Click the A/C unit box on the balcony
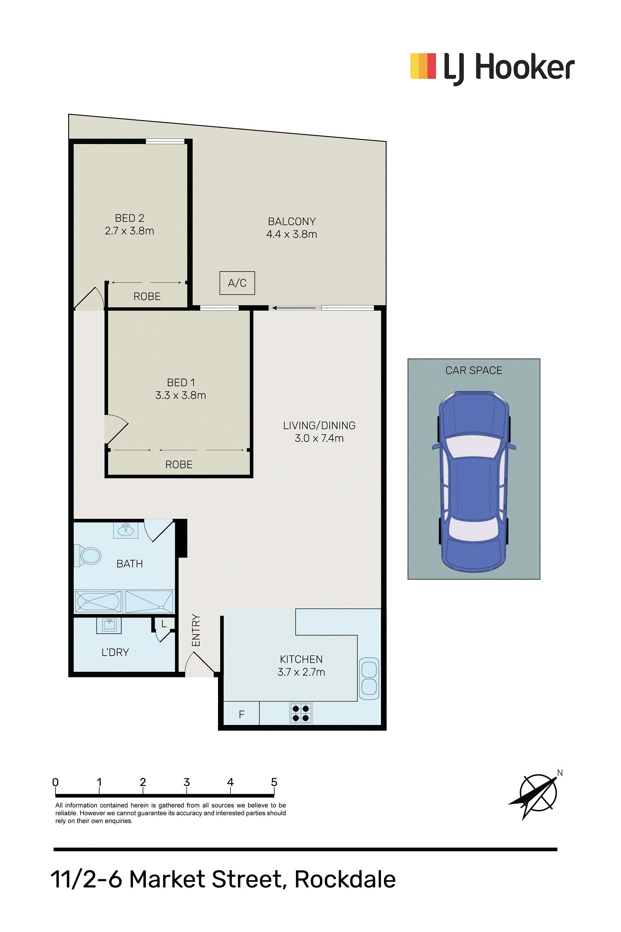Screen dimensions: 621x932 click(x=237, y=283)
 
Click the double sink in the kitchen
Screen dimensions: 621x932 click(x=369, y=678)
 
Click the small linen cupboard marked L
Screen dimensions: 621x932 click(x=164, y=625)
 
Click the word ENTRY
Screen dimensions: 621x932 click(x=196, y=630)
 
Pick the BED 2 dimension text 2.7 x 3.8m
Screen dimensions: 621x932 click(x=129, y=231)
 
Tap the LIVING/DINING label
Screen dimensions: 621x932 click(x=319, y=426)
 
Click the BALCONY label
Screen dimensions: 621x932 click(x=292, y=221)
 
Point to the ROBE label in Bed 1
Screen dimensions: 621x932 click(x=179, y=464)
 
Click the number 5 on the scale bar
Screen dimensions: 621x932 click(x=274, y=782)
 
